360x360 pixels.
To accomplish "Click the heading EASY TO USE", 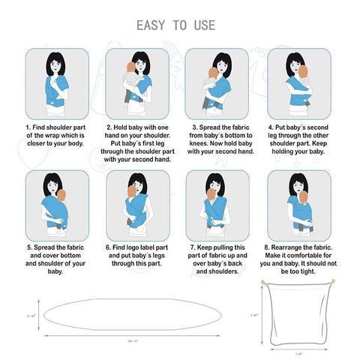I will (x=175, y=25).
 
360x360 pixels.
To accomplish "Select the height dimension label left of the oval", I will (x=31, y=315).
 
